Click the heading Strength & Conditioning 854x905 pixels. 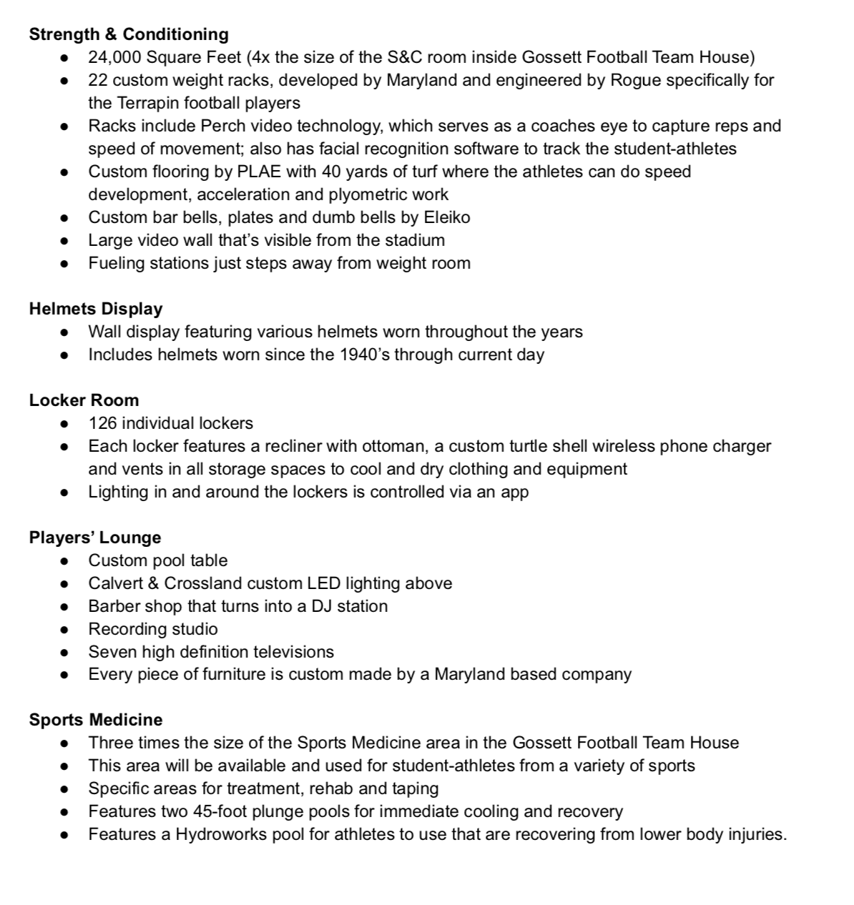coord(129,34)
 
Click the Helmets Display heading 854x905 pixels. coord(96,309)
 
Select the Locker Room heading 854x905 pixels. coord(84,400)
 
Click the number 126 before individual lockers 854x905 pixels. coord(102,423)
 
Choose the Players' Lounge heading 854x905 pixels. coord(95,538)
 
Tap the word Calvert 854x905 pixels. coord(116,583)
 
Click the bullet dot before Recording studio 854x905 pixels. coord(65,630)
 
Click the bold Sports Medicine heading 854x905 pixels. coord(96,720)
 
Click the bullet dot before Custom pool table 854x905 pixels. coord(65,561)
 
